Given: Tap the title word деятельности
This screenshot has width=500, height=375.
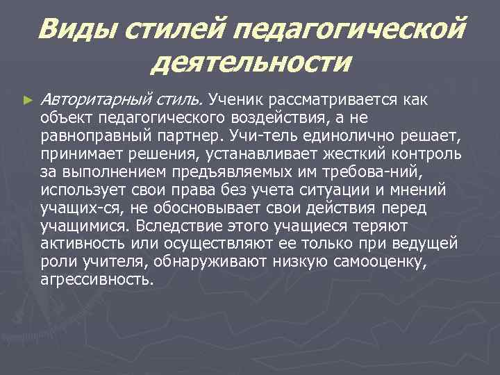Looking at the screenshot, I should [x=251, y=63].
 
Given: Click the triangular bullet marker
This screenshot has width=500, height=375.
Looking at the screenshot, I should [x=27, y=101].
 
